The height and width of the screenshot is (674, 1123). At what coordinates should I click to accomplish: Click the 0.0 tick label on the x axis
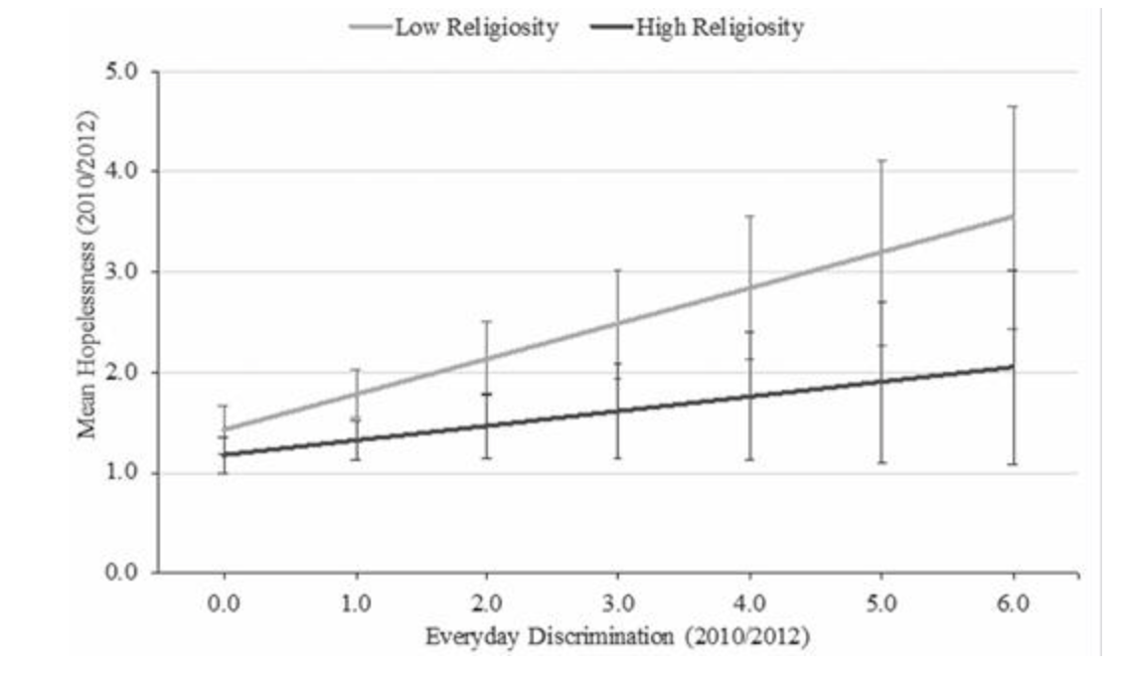(x=224, y=602)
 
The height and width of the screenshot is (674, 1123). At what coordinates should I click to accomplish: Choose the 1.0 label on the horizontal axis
(x=355, y=602)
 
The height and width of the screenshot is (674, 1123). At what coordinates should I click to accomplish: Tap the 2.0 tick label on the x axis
(x=486, y=602)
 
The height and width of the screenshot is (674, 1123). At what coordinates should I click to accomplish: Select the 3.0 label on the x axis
(x=618, y=602)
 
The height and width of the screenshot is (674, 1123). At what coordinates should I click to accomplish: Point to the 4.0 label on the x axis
(x=749, y=602)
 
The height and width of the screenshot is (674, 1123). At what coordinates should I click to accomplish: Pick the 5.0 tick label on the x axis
(x=882, y=602)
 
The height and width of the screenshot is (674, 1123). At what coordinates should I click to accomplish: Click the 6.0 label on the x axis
(x=1013, y=602)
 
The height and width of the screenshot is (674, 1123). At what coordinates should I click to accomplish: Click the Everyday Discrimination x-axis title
(x=617, y=636)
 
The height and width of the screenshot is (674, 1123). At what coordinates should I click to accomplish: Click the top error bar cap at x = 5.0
(x=882, y=160)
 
